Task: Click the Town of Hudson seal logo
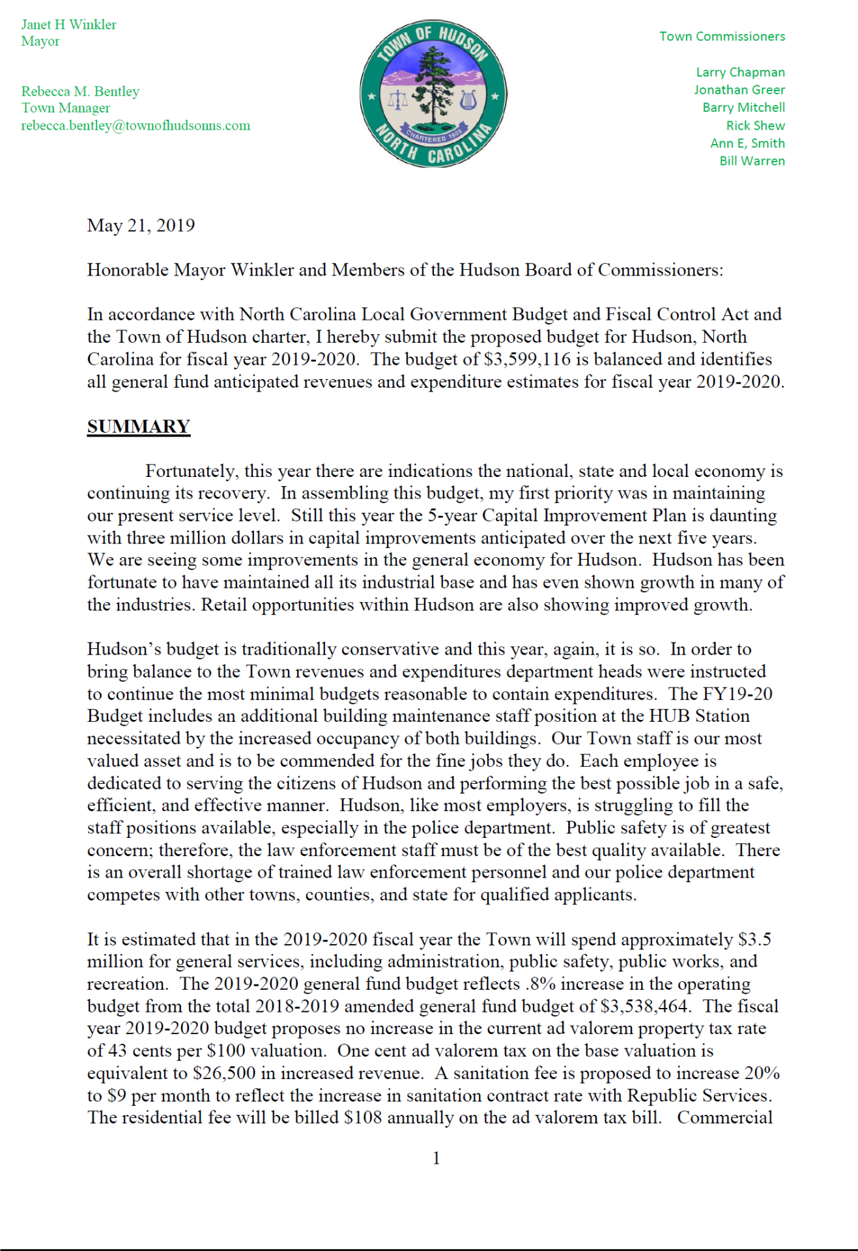click(433, 93)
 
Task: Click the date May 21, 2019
click(141, 225)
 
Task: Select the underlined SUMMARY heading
click(139, 427)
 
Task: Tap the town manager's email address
click(136, 126)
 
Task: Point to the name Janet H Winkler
click(68, 25)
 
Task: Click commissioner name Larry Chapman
click(740, 72)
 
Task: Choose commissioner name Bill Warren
click(752, 161)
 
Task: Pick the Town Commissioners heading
click(722, 36)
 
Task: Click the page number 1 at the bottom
click(436, 1158)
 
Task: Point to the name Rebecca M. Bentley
click(80, 91)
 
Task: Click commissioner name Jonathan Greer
click(739, 90)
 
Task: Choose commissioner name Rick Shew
click(755, 126)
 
